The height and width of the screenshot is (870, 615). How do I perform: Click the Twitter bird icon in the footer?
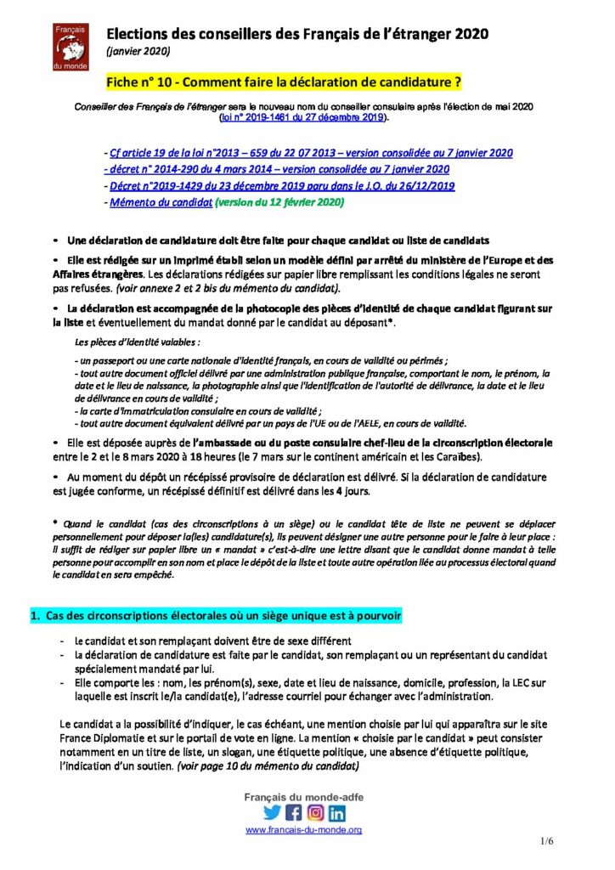coord(272,812)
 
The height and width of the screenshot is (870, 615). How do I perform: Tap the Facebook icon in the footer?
coord(294,812)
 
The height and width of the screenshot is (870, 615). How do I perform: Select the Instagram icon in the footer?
coord(316,812)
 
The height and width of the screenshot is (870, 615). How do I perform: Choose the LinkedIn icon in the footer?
coord(337,812)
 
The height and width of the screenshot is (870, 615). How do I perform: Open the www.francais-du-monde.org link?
coord(304,830)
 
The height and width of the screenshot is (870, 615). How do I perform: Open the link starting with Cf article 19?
coord(311,153)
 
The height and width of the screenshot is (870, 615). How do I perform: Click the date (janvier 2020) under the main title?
coord(138,52)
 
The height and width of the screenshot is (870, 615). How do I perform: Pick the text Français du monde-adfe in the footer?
coord(303,796)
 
